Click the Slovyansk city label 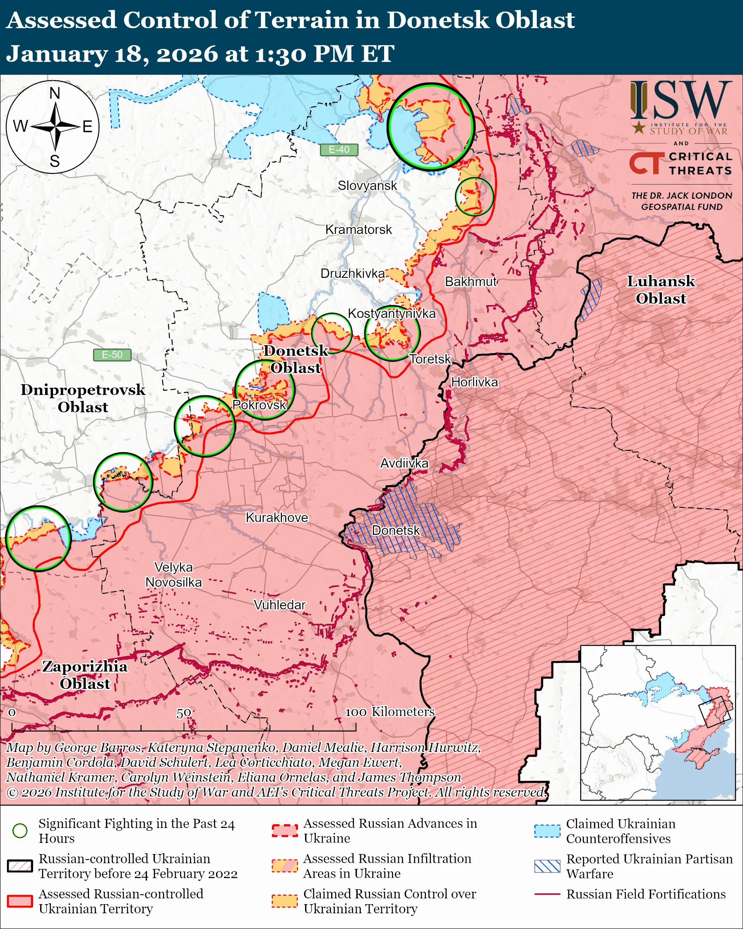point(367,186)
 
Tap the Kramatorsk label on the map point(358,230)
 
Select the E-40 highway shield point(339,149)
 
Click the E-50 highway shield point(112,355)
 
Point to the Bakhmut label point(471,282)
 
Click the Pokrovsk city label point(259,404)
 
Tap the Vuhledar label point(279,605)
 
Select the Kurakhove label point(277,517)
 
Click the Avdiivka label point(404,463)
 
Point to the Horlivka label point(474,382)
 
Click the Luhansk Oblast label point(660,289)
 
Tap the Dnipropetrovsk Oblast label point(83,398)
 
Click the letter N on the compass point(55,93)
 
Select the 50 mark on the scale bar point(183,713)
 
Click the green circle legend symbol point(20,830)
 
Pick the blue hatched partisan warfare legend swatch point(547,866)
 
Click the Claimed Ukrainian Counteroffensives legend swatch point(547,831)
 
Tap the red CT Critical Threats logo point(647,163)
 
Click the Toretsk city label point(429,359)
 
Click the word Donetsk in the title point(436,20)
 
